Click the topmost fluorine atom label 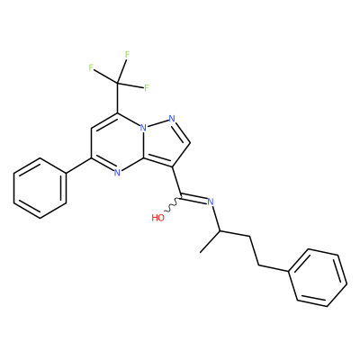click(x=127, y=55)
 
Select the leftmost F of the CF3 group click(x=91, y=67)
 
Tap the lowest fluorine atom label click(x=147, y=88)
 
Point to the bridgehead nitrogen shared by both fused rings click(x=144, y=129)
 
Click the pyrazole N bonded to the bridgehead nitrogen click(x=172, y=119)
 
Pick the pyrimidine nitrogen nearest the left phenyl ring click(x=118, y=173)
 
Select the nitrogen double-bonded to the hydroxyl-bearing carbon click(x=211, y=202)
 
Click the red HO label click(x=158, y=218)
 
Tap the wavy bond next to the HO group click(x=173, y=206)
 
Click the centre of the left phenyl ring click(x=40, y=188)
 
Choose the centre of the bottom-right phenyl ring click(x=318, y=277)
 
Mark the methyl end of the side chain click(x=201, y=252)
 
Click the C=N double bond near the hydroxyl click(x=194, y=200)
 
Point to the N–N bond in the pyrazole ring click(x=157, y=123)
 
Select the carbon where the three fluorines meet click(x=118, y=83)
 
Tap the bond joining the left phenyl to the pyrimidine click(x=78, y=166)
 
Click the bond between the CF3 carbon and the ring click(x=118, y=98)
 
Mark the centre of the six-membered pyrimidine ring click(x=118, y=143)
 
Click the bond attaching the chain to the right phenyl click(x=274, y=269)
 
